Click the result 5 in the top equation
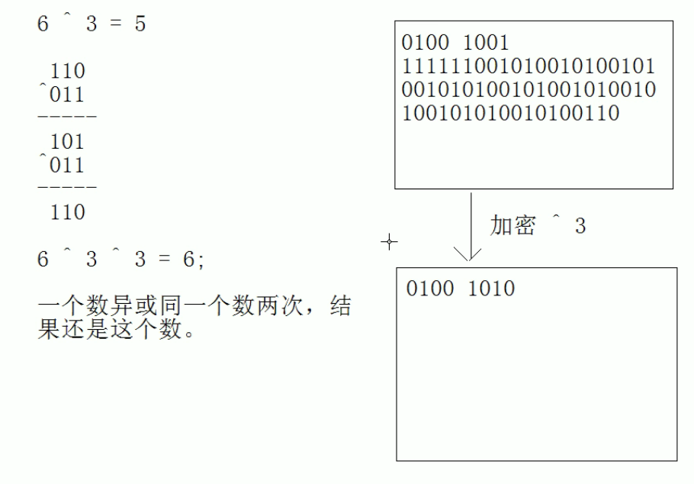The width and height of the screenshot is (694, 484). pyautogui.click(x=139, y=24)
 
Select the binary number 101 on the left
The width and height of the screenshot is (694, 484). pyautogui.click(x=67, y=142)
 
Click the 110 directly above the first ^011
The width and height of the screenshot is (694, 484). pyautogui.click(x=67, y=72)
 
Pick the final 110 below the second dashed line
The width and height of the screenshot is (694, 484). pyautogui.click(x=67, y=212)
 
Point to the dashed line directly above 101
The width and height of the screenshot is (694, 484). pyautogui.click(x=67, y=118)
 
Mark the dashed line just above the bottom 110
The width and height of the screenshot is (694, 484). pyautogui.click(x=67, y=188)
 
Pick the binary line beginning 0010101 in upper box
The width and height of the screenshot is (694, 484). pyautogui.click(x=528, y=90)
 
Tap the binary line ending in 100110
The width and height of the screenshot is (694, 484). pyautogui.click(x=509, y=114)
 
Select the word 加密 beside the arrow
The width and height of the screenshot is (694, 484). pyautogui.click(x=512, y=226)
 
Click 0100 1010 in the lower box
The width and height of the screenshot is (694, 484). pyautogui.click(x=461, y=289)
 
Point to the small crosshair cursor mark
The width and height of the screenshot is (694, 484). pyautogui.click(x=389, y=242)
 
